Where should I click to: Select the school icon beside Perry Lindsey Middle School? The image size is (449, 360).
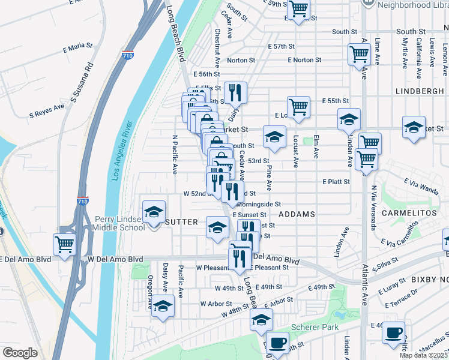154,212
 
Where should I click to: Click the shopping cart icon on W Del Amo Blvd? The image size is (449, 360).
64,244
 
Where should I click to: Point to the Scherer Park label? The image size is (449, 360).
314,327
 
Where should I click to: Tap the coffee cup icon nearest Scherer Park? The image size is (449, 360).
277,343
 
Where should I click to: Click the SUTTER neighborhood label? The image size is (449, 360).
181,222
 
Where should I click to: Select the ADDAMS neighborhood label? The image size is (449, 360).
297,214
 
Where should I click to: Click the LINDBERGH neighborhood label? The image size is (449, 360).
420,90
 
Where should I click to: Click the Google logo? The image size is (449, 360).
20,353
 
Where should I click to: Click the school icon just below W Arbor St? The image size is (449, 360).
161,306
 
